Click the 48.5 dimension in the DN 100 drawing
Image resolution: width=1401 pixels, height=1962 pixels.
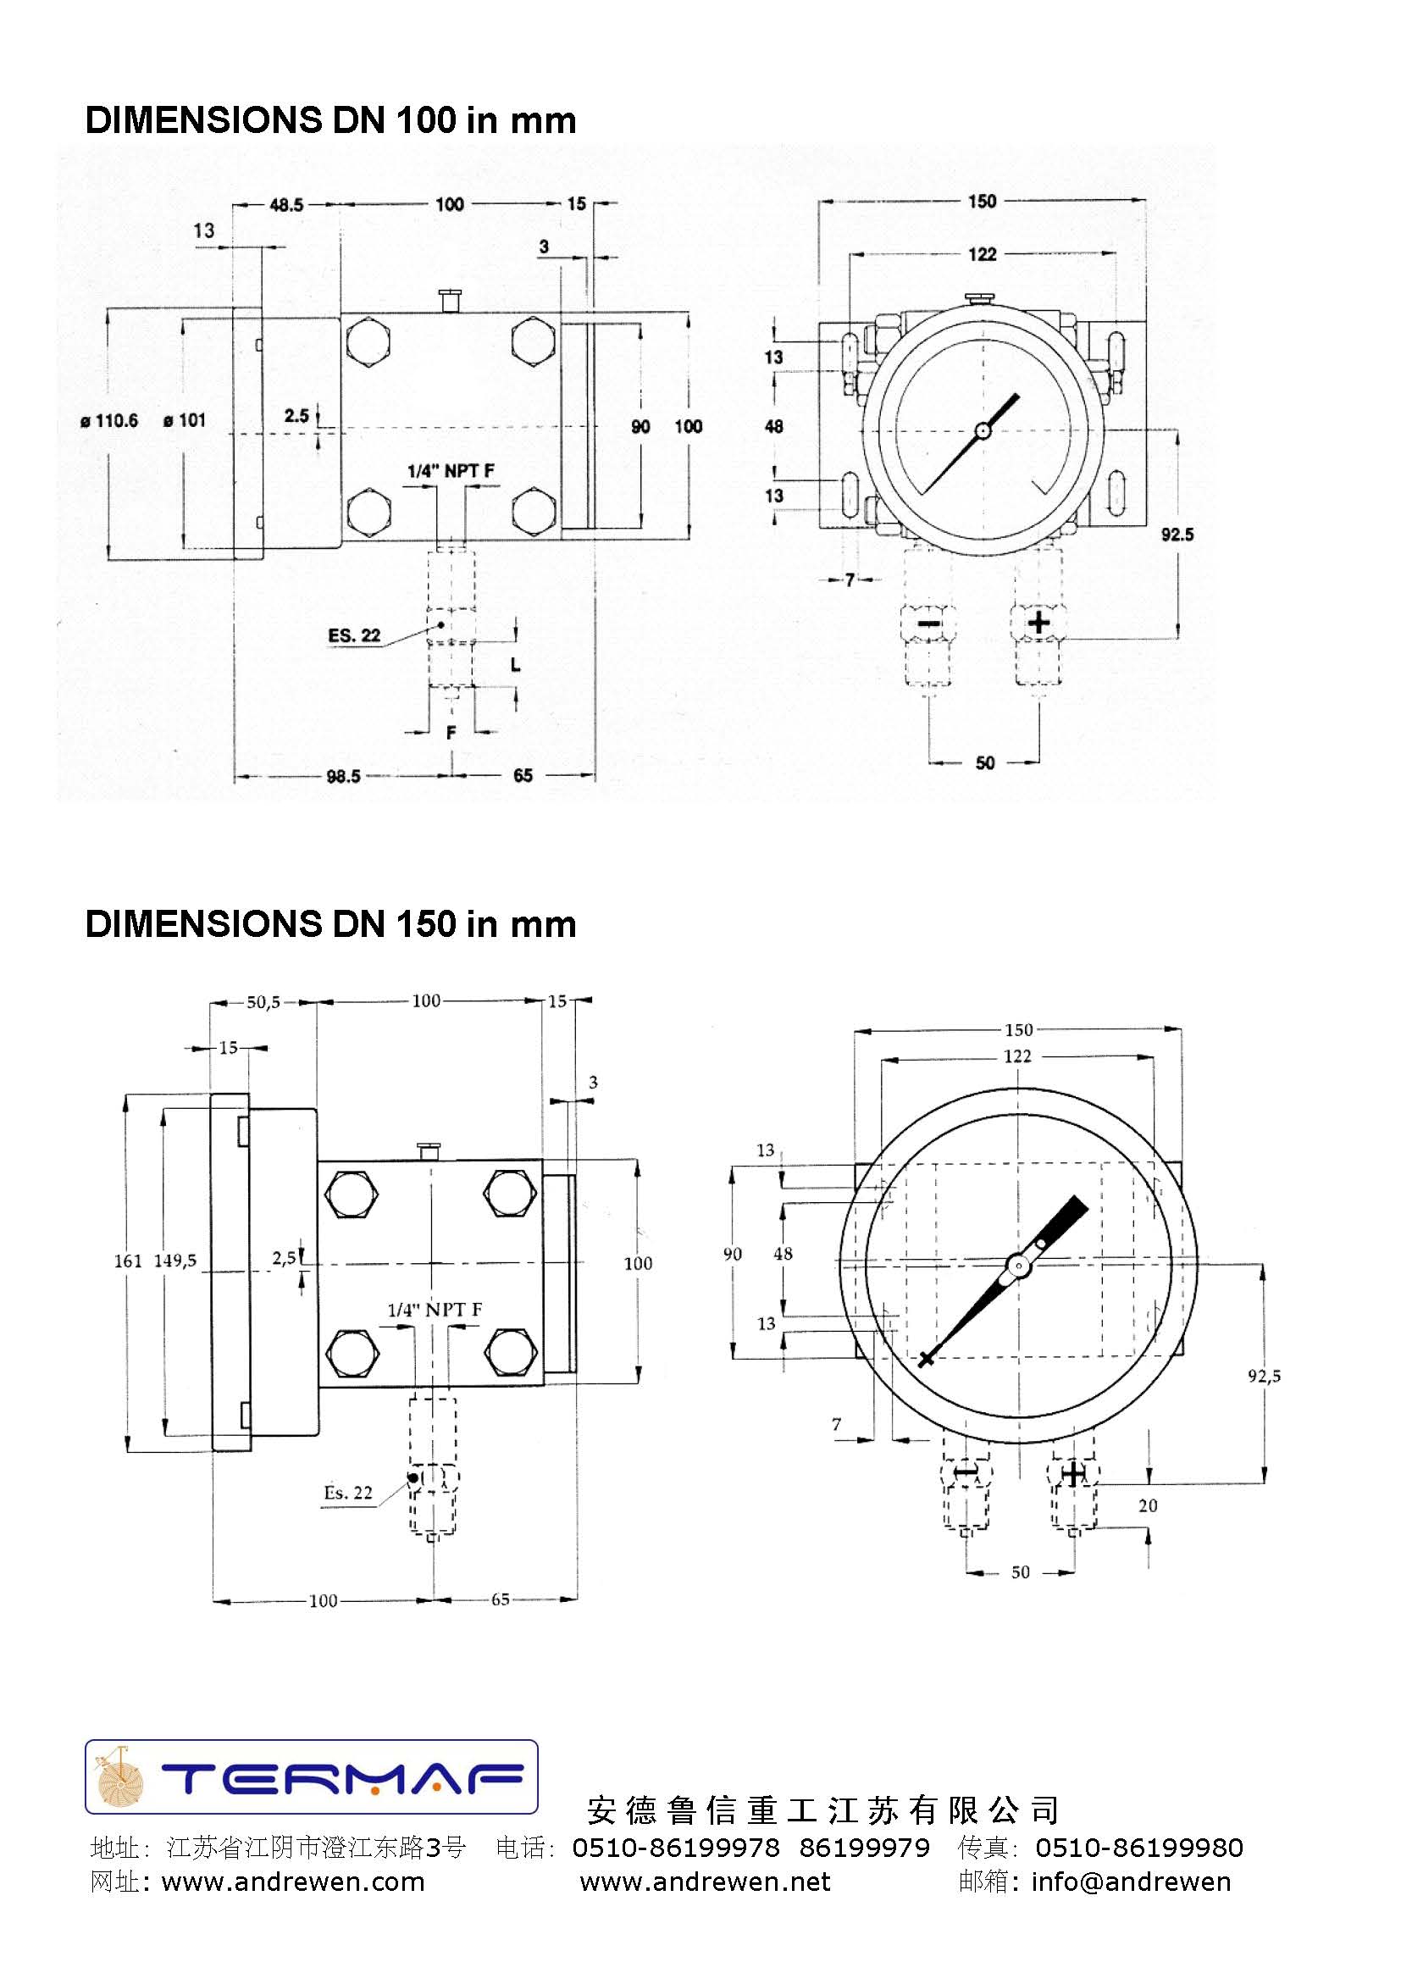285,205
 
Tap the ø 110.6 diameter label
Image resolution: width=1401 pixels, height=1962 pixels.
109,421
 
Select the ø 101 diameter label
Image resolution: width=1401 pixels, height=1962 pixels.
185,421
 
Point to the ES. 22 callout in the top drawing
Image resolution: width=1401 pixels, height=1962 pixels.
354,636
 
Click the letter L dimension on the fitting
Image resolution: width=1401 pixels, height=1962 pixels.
515,664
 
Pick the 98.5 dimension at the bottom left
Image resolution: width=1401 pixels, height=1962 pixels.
342,777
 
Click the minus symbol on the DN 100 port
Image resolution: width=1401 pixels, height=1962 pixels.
928,623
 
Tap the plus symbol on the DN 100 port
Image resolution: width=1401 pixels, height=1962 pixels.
1038,622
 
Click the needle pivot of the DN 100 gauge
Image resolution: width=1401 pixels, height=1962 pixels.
983,430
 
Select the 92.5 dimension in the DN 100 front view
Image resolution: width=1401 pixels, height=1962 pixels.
1177,535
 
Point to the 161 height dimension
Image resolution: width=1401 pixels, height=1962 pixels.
128,1261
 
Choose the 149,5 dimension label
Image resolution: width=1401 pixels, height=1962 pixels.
175,1261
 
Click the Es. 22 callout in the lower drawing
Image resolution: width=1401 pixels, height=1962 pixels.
348,1493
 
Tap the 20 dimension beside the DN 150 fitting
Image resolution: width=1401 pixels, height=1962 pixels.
1148,1505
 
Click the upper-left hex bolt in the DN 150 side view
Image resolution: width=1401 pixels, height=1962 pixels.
352,1194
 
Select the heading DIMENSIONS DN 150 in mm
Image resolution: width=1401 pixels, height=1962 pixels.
330,924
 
